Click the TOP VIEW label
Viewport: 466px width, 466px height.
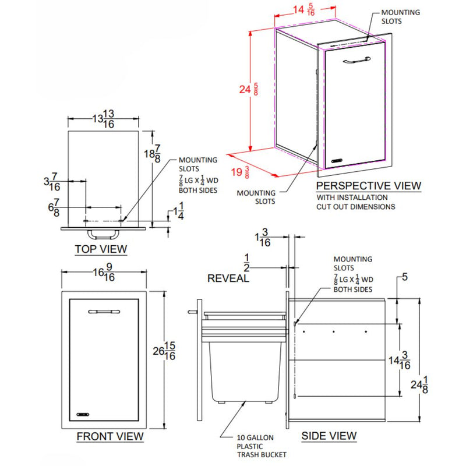pos(101,249)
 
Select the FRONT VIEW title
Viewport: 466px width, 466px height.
pos(110,436)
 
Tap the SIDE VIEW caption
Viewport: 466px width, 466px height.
pos(329,436)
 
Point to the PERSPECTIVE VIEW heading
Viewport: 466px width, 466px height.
pos(368,186)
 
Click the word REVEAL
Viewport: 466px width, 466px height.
pos(228,278)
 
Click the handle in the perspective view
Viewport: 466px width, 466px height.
pos(356,59)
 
